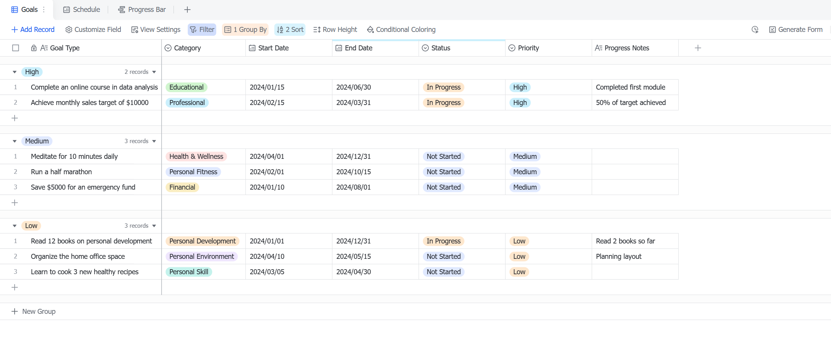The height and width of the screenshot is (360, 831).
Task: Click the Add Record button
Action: (x=33, y=30)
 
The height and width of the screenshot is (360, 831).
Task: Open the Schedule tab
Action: (x=82, y=10)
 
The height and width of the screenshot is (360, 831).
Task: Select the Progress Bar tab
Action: (x=142, y=10)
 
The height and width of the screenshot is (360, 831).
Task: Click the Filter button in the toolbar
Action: (x=202, y=30)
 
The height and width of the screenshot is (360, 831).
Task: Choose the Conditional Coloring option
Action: (x=401, y=30)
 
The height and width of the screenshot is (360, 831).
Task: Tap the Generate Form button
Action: (x=796, y=30)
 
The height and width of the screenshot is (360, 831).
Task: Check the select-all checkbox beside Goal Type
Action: (x=16, y=48)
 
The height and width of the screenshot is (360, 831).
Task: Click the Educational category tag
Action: (x=187, y=87)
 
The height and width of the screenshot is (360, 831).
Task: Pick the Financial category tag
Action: (x=182, y=187)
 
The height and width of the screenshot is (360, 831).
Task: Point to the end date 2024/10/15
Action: (x=354, y=172)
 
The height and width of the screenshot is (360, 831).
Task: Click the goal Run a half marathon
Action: (x=62, y=172)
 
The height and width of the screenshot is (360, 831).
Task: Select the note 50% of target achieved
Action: (x=631, y=103)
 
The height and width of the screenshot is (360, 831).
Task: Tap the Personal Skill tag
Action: (x=189, y=272)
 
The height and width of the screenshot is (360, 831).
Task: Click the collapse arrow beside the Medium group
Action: (x=15, y=141)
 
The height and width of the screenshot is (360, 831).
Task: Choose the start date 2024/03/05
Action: (x=267, y=272)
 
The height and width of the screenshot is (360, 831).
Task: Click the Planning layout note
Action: (x=619, y=257)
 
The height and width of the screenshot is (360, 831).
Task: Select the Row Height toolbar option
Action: (x=335, y=30)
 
